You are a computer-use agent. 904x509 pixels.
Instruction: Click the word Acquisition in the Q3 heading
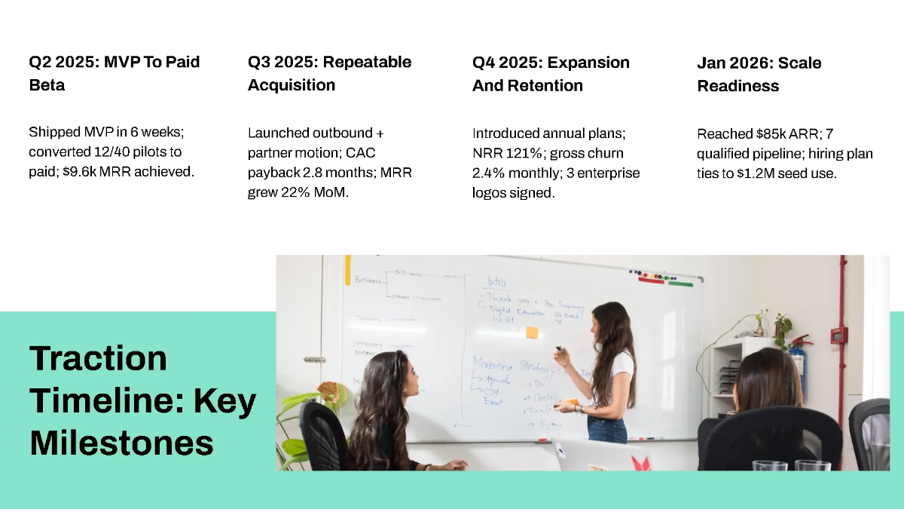[292, 85]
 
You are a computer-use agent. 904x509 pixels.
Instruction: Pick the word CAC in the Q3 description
[360, 152]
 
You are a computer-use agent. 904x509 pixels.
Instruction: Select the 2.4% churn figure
[489, 173]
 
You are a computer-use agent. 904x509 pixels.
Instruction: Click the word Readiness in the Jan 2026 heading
[738, 86]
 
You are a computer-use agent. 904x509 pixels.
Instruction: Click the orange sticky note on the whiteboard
[532, 332]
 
